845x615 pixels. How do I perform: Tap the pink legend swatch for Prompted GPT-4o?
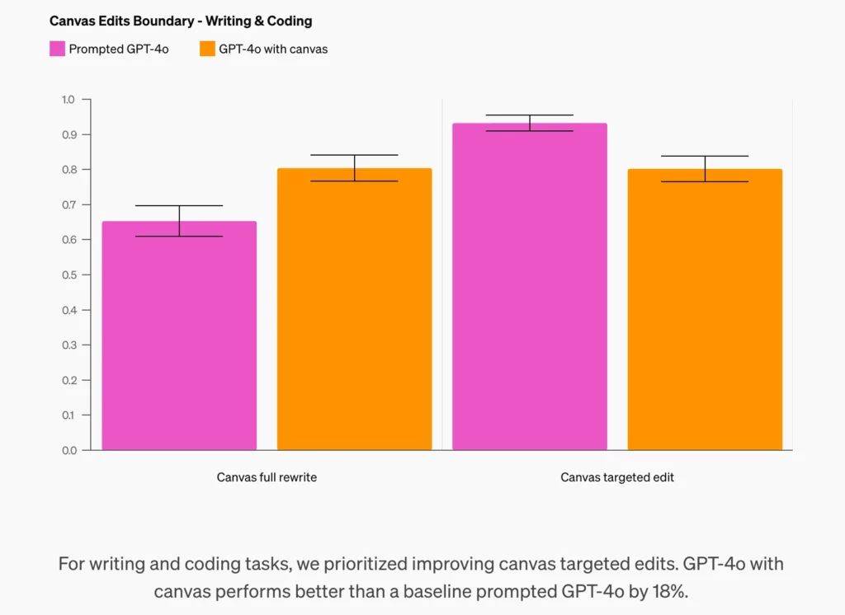pos(57,49)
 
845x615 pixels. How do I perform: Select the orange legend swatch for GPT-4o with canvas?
pos(207,49)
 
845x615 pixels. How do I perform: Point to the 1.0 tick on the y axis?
pos(68,100)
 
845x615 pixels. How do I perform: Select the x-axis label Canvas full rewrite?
pos(267,477)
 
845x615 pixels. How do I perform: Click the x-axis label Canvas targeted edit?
pos(617,477)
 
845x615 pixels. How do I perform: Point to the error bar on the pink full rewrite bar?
pos(179,220)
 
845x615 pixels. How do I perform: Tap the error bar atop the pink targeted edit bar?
pos(530,123)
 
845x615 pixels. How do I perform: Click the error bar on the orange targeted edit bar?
pos(705,168)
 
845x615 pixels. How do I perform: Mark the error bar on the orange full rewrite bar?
pos(354,167)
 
